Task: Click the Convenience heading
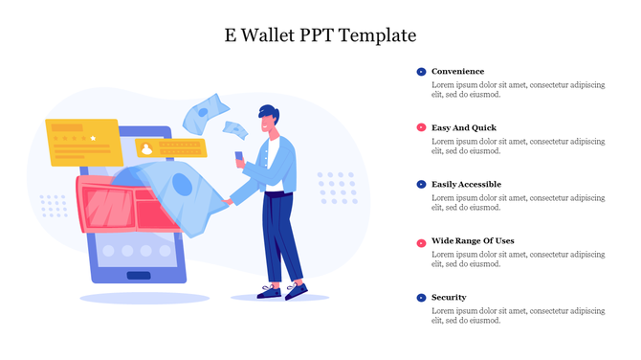coord(457,72)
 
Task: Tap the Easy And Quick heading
coord(464,127)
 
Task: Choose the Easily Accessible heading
coord(466,184)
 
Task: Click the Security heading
coord(449,297)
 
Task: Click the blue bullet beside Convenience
coord(421,72)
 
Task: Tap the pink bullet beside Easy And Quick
coord(421,127)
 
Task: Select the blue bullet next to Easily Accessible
coord(421,184)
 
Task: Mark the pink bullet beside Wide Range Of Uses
coord(421,241)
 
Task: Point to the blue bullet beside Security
coord(421,298)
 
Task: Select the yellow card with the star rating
coord(81,140)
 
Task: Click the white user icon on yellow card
coord(146,148)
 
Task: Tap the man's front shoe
coord(296,291)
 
